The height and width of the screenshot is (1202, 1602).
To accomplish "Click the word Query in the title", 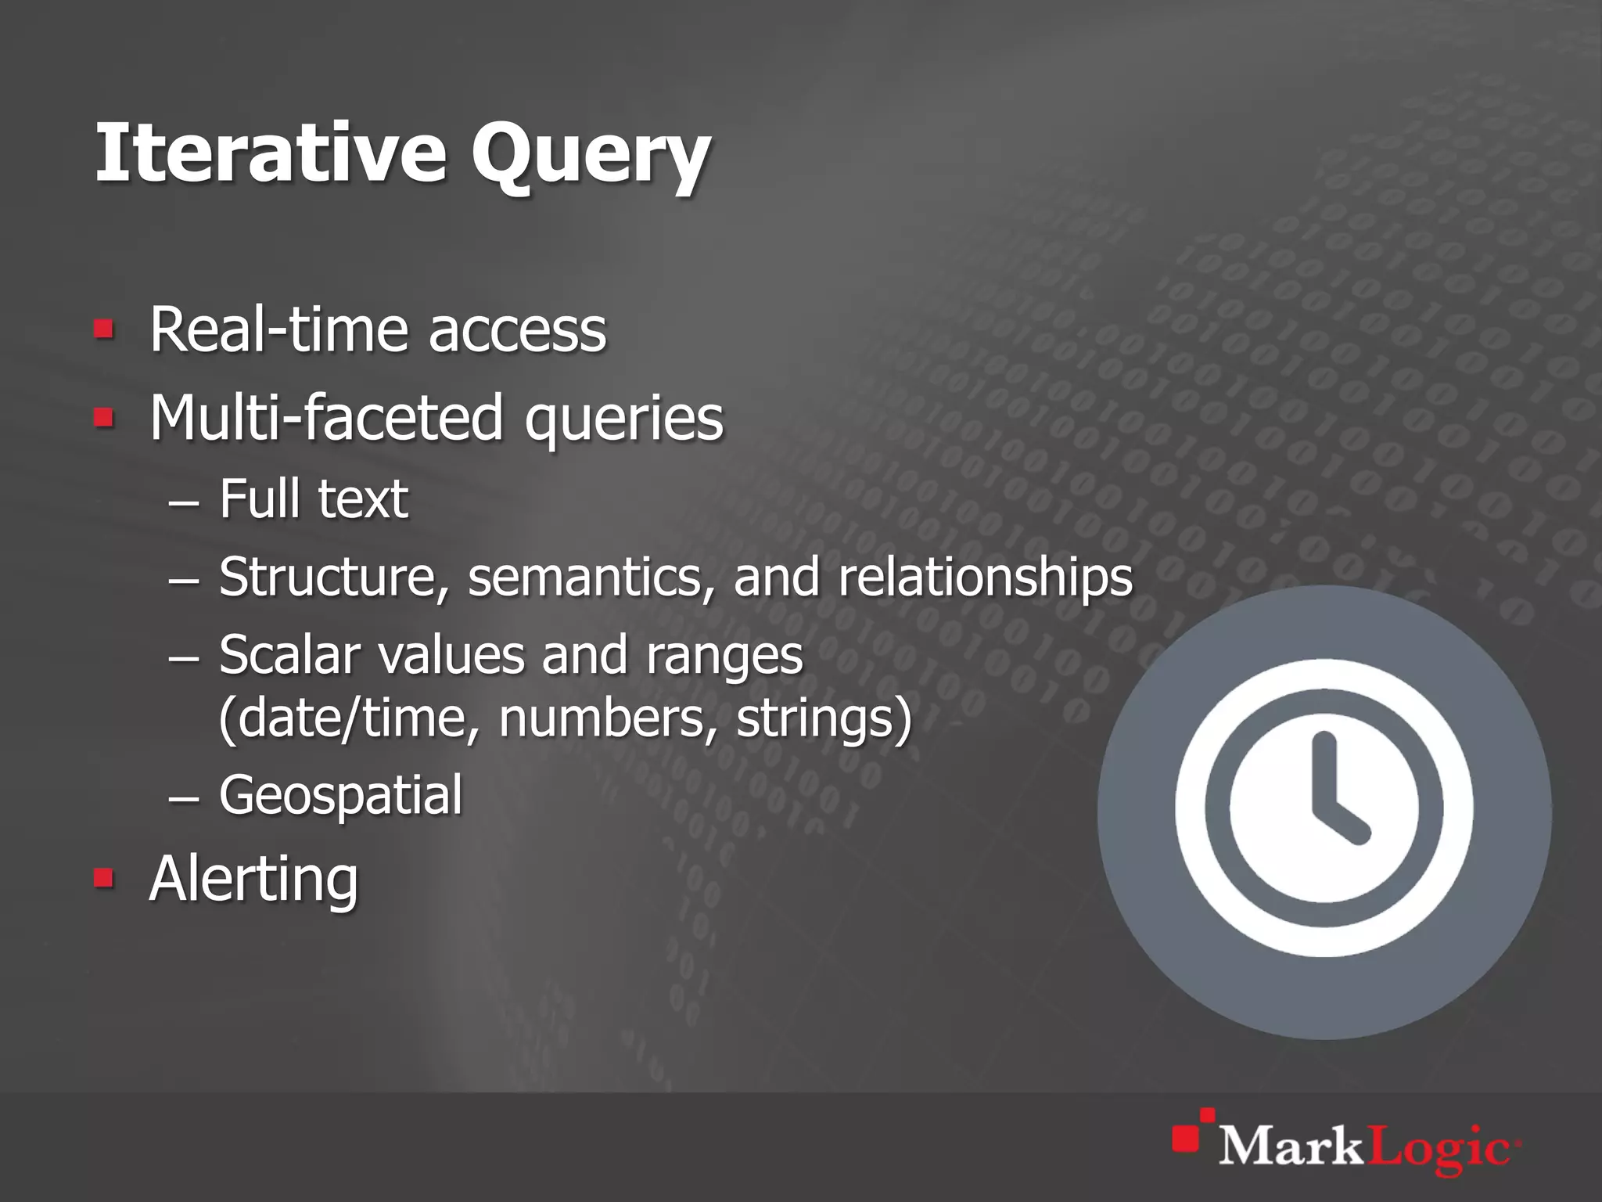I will click(590, 157).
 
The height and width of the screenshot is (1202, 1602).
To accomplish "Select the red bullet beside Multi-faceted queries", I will click(103, 417).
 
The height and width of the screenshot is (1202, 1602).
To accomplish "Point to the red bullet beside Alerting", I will click(103, 878).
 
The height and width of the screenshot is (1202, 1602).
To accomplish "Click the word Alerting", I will click(253, 880).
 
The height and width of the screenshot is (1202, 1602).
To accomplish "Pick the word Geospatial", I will click(341, 795).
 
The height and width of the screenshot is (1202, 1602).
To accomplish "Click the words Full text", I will click(314, 498).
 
